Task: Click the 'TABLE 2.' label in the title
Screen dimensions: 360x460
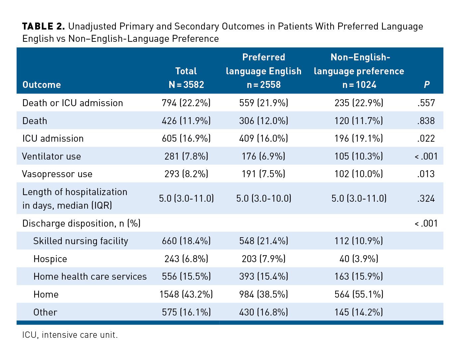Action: (43, 27)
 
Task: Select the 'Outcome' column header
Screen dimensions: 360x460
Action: (41, 85)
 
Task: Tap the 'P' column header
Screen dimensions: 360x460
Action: (426, 85)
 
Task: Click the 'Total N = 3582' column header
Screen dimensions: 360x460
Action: (186, 78)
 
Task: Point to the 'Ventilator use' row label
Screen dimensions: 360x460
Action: (51, 156)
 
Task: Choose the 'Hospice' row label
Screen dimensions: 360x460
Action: (50, 259)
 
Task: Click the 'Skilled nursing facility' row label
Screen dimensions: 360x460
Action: (81, 241)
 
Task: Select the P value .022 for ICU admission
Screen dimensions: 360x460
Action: (426, 138)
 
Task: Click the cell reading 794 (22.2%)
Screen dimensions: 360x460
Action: (186, 103)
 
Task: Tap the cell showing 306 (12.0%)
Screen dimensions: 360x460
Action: (264, 121)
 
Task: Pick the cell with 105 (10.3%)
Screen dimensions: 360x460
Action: (359, 156)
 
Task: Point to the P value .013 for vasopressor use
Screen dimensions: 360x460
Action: (426, 174)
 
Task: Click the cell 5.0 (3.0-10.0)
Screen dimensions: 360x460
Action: (264, 198)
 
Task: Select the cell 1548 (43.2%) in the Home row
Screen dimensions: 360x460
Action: (186, 294)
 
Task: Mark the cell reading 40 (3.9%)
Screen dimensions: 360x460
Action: (359, 259)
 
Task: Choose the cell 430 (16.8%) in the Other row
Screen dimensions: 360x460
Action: (264, 312)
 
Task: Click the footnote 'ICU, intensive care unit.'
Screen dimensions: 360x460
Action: (70, 335)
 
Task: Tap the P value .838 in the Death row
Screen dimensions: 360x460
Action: (426, 121)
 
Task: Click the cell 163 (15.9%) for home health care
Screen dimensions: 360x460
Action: (359, 276)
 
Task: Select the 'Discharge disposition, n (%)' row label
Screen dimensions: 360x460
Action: (81, 223)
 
